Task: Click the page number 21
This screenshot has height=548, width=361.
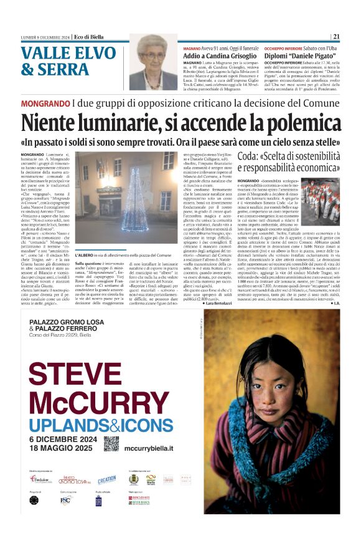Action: pos(336,36)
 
